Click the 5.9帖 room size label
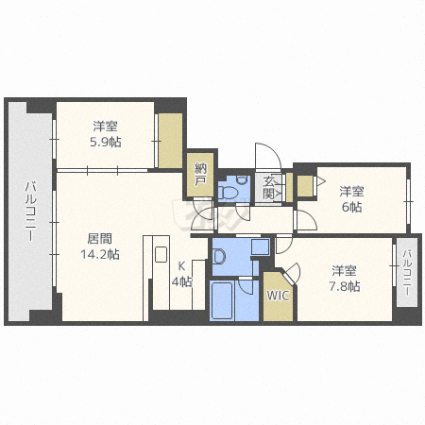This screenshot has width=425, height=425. coord(106,142)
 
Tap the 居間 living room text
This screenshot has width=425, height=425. coord(100,239)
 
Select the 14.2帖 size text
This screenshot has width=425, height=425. coord(100,254)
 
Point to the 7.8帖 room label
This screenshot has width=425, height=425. coord(345,286)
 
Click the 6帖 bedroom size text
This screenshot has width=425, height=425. coord(351,207)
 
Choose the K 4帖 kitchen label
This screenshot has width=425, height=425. coord(181,274)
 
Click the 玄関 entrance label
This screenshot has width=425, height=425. coord(268,188)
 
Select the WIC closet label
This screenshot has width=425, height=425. coord(278,296)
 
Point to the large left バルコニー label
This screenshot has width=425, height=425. coord(30,212)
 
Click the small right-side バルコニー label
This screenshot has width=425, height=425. coord(407,272)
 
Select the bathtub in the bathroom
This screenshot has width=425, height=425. coord(222,300)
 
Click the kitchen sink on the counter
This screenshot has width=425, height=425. coord(161,255)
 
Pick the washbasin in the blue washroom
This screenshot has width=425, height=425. coord(219,256)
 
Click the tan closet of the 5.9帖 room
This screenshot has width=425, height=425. coord(170,141)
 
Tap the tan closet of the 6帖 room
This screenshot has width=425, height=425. coord(305,185)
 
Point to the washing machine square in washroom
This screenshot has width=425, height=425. coord(261,246)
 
